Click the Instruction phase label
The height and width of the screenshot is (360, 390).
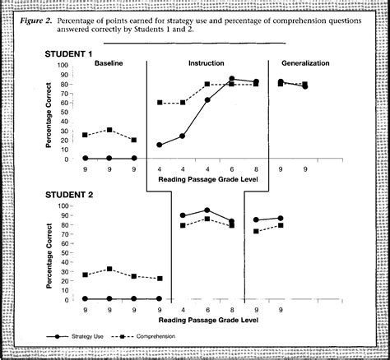tap(207, 63)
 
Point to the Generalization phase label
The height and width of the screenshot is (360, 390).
tap(306, 63)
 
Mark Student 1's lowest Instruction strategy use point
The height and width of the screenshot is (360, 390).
tap(159, 145)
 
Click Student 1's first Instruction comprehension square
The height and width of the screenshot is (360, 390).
tap(159, 103)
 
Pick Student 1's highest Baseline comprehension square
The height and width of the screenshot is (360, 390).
tap(109, 130)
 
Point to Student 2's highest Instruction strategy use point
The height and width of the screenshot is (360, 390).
tap(207, 210)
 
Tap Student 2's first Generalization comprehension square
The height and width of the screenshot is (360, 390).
tap(257, 231)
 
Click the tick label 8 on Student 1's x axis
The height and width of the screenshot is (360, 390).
tap(257, 168)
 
